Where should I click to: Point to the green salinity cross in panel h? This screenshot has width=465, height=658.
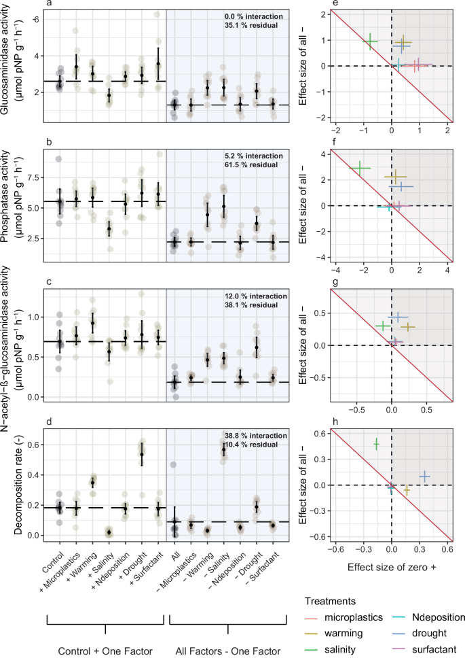pyautogui.click(x=376, y=444)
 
